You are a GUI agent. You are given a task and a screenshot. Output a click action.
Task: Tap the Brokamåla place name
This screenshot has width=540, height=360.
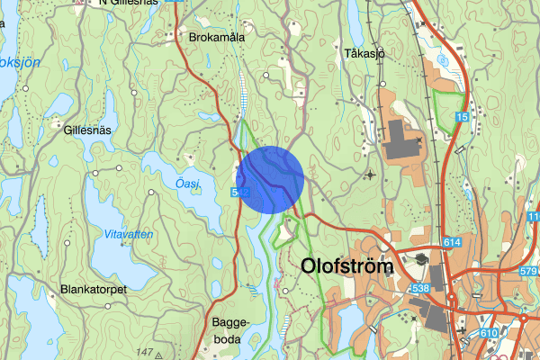217,38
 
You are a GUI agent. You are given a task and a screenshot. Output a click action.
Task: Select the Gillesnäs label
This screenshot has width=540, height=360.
87,130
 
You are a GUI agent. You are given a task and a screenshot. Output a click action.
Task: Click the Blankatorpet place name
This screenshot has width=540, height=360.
93,290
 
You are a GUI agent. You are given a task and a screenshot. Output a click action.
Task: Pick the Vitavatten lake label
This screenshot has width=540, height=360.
122,234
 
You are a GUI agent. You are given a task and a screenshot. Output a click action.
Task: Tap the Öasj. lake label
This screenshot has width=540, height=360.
187,184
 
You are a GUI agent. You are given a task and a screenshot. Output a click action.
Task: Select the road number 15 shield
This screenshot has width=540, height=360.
462,118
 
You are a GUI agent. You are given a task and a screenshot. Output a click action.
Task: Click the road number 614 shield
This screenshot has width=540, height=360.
452,243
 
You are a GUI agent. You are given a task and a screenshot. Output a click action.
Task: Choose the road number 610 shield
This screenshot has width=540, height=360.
489,334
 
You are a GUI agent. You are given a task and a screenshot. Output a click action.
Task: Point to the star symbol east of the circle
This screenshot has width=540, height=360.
369,174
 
